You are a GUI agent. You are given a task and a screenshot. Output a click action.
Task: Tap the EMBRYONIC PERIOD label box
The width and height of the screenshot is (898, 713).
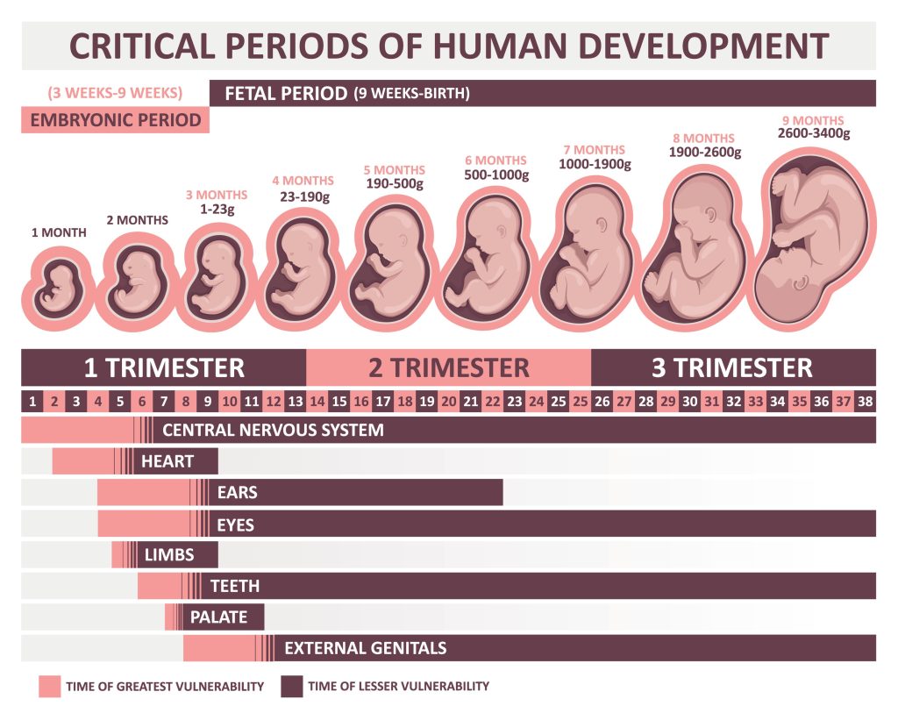click(x=115, y=120)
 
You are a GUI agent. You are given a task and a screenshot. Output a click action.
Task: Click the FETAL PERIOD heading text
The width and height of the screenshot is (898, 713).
click(x=286, y=93)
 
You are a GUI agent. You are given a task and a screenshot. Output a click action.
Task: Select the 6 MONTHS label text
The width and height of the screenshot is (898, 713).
click(x=495, y=160)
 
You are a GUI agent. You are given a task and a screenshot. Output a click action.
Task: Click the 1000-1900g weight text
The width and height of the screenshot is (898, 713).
click(x=594, y=164)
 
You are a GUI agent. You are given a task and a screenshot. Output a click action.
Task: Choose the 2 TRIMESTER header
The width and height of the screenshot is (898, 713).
click(x=448, y=367)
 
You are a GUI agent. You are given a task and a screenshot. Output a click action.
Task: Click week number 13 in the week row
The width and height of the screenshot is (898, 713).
click(x=295, y=402)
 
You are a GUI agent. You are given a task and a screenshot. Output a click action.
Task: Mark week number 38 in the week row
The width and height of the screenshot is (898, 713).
click(x=865, y=402)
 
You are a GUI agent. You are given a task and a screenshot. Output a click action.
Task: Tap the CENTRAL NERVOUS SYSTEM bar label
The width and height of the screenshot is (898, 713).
click(x=273, y=430)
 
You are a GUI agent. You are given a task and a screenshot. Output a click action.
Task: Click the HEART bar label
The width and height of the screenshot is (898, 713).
click(x=167, y=461)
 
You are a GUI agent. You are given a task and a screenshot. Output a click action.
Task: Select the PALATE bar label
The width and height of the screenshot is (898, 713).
click(x=218, y=617)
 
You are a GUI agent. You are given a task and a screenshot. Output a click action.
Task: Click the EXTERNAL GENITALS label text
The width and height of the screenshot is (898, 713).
click(x=365, y=648)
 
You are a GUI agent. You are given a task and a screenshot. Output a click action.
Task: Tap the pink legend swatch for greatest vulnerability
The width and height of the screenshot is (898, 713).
click(x=49, y=686)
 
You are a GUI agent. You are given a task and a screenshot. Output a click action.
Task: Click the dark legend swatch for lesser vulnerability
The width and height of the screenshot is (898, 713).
click(x=291, y=686)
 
